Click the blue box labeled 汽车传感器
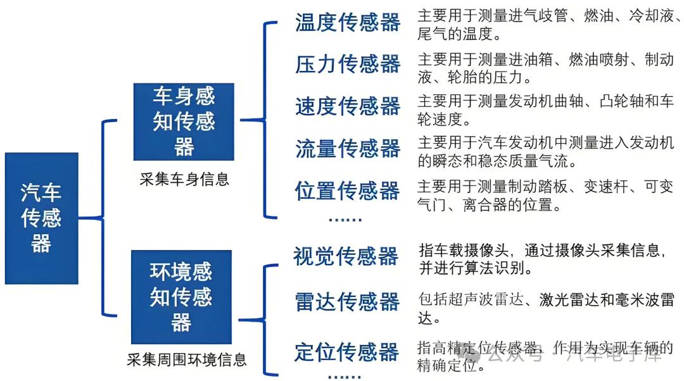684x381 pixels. click(41, 218)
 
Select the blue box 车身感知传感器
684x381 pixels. click(184, 122)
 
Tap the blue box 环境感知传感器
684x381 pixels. click(181, 297)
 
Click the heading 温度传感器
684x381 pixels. click(348, 23)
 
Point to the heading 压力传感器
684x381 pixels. click(348, 64)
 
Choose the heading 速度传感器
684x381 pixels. click(348, 106)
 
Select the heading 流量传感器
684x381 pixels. click(348, 149)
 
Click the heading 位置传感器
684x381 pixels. click(347, 190)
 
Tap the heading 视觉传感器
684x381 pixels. click(346, 256)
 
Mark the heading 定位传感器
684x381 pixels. click(346, 352)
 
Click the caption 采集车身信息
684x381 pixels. click(184, 180)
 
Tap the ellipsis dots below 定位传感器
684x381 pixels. click(345, 375)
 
